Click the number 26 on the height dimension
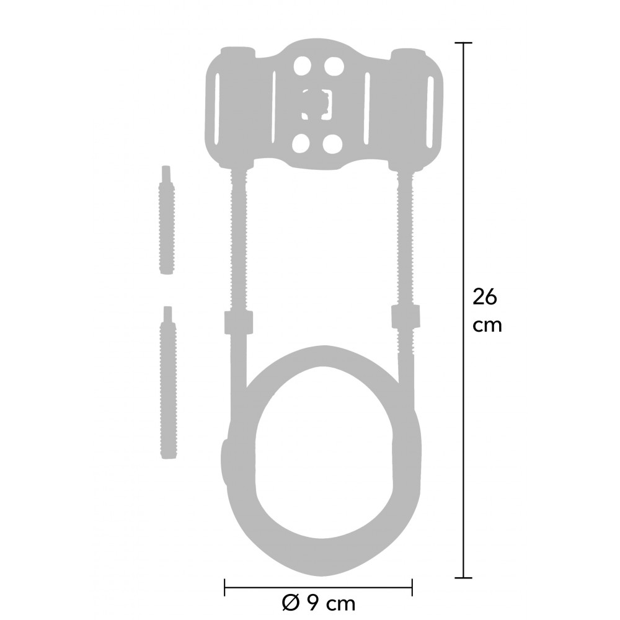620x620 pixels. click(x=484, y=297)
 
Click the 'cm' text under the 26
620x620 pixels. click(x=487, y=326)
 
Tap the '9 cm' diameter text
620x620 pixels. click(x=330, y=603)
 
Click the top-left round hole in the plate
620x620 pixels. click(x=303, y=66)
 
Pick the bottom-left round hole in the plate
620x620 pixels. click(x=302, y=144)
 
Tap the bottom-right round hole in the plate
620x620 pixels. click(x=332, y=144)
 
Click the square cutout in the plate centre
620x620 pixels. click(x=317, y=104)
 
